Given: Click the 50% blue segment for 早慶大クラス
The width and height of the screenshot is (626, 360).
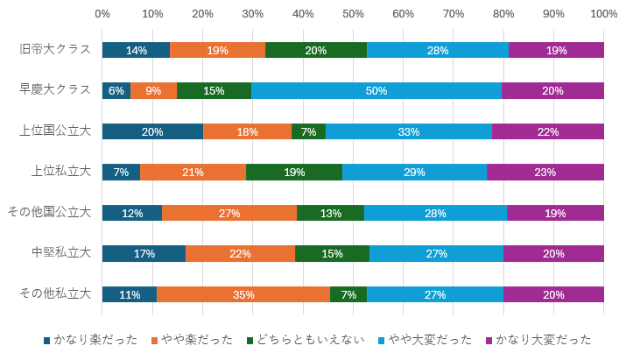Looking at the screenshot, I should tap(376, 90).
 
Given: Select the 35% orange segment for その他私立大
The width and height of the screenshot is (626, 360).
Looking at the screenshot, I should tap(243, 294).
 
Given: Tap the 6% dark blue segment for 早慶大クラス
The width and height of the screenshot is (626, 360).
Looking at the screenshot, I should tap(116, 90).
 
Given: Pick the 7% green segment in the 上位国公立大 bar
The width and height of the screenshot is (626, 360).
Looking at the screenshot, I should tap(308, 131).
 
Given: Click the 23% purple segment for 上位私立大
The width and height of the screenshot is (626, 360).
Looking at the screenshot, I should tap(545, 172).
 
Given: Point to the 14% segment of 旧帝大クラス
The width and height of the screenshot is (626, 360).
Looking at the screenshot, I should tap(136, 50).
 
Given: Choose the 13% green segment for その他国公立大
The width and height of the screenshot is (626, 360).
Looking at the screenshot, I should tap(330, 213).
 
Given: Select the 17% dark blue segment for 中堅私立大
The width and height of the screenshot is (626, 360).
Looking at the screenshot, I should tap(144, 253).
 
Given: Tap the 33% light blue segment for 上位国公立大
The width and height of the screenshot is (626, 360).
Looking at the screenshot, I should tap(408, 131).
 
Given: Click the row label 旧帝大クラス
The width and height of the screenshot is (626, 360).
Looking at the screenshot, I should tap(55, 49).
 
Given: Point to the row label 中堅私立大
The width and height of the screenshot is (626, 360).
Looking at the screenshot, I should tap(61, 253).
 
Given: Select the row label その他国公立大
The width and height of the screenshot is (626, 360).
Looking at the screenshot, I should tap(49, 212).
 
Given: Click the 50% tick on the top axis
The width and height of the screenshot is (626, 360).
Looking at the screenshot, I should tap(353, 14).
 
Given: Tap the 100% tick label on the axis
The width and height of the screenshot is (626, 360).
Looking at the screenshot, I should tap(603, 14).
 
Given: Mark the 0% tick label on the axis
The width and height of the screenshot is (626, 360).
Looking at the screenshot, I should tap(102, 14).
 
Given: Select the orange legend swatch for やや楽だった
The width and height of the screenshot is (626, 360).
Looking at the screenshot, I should tap(155, 340).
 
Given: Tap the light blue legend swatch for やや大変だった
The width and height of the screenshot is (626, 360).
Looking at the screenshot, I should tap(381, 340).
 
